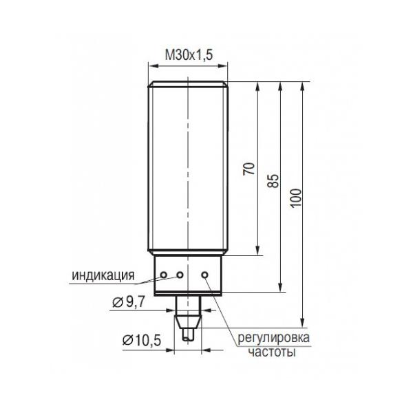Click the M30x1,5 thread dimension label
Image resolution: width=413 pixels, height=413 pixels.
[x=189, y=55]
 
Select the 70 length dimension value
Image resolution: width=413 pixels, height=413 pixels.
[x=249, y=169]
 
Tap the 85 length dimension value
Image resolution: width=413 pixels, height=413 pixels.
[x=273, y=180]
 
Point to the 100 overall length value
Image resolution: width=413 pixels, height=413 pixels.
[x=296, y=198]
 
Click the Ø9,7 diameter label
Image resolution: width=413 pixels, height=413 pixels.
[x=129, y=302]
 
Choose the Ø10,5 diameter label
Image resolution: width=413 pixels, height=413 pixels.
[x=141, y=341]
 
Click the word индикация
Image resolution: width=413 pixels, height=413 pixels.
[x=103, y=276]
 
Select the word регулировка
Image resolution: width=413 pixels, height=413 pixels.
[x=274, y=338]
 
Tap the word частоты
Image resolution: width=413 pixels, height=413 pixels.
[x=272, y=352]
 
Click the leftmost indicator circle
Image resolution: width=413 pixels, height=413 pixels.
[x=164, y=275]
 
